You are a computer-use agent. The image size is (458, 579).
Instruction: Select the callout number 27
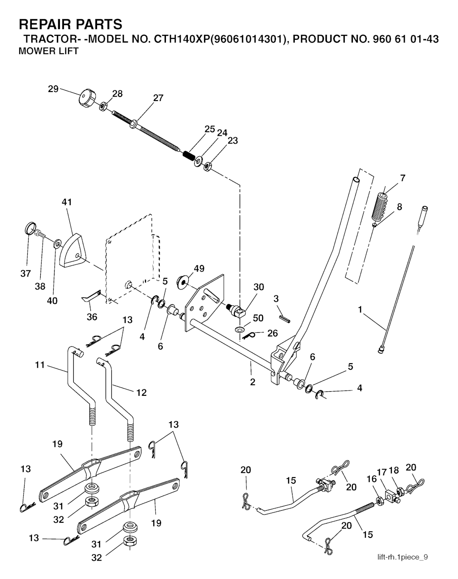click(158, 98)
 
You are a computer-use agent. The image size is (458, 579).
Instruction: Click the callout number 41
click(67, 202)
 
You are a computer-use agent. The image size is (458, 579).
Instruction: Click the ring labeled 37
click(29, 229)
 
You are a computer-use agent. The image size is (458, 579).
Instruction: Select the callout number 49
click(199, 268)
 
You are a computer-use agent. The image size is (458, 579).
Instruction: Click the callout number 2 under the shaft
click(253, 382)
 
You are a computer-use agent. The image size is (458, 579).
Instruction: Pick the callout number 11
click(40, 365)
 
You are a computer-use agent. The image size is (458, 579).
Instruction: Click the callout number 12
click(141, 392)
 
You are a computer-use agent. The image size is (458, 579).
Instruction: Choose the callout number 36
click(92, 317)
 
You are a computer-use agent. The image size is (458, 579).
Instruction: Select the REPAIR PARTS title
click(70, 23)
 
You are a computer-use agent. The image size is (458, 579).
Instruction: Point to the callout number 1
click(360, 309)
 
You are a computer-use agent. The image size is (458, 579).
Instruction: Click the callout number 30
click(259, 287)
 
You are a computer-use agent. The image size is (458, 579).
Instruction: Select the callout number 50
click(258, 318)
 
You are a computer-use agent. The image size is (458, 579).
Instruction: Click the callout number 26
click(272, 333)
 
